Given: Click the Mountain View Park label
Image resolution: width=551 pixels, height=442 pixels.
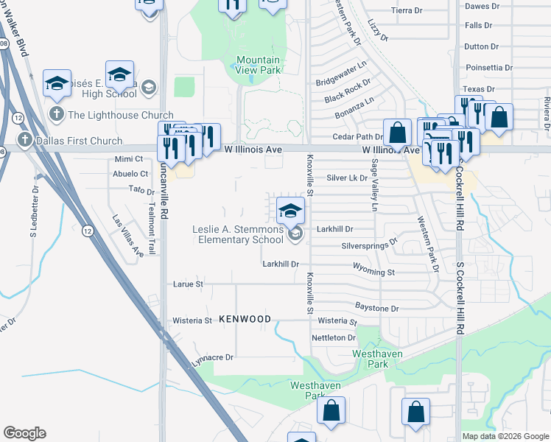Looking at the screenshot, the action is [258, 65].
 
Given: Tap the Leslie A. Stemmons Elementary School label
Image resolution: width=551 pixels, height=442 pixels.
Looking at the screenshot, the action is [238, 234].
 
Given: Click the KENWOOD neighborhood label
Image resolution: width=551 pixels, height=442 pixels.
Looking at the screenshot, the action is [245, 319].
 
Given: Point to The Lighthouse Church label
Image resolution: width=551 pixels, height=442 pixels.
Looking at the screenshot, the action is [120, 115].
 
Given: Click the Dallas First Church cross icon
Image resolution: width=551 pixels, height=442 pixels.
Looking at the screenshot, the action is [24, 141].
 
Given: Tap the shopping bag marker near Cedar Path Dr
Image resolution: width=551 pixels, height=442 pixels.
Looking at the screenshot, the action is [397, 133].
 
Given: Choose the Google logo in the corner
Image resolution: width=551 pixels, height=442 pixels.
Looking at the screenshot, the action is [24, 433].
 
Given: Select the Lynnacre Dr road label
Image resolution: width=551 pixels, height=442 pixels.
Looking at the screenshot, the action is [212, 358].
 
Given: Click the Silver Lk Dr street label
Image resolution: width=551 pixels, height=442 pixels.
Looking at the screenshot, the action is [347, 178].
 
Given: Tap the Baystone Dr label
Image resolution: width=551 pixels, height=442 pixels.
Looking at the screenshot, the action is [376, 309].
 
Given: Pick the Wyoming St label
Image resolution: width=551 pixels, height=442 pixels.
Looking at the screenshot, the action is [374, 272].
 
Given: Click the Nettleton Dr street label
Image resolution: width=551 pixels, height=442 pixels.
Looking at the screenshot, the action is [334, 337].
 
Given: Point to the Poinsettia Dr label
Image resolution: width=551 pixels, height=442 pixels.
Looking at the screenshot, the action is [488, 67].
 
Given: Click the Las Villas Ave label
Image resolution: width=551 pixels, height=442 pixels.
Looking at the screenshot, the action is [127, 236].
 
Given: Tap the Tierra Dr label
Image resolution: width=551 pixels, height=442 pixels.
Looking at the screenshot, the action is [407, 10].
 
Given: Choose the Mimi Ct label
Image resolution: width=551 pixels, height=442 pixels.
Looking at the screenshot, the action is [128, 159].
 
